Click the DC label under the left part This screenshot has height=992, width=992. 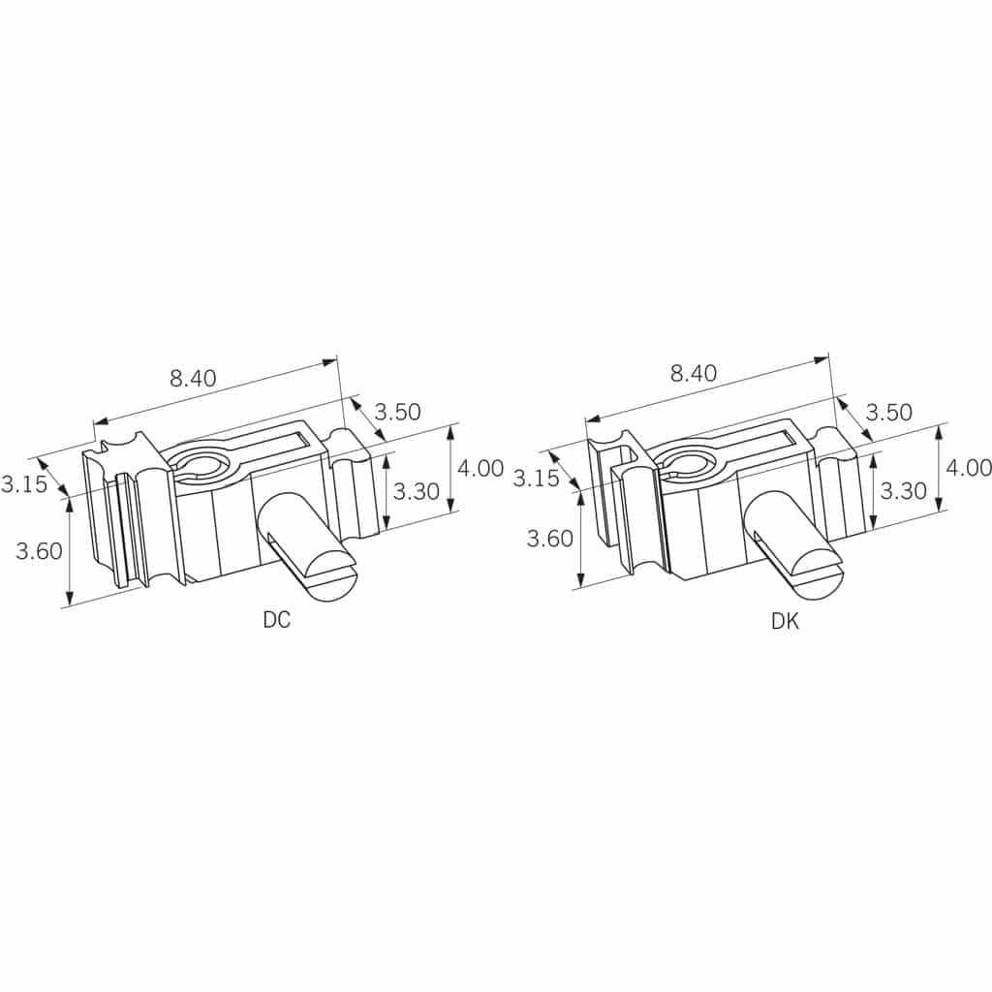pos(276,619)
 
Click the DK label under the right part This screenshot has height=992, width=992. pos(785,621)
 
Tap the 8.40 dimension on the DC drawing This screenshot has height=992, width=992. pos(193,379)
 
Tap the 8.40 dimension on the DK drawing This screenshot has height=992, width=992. pos(694,373)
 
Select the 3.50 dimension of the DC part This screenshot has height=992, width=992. pos(397,412)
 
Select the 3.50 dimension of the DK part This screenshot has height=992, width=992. pos(889,413)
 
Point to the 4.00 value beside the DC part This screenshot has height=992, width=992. pos(480,468)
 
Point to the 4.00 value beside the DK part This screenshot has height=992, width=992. pos(969,468)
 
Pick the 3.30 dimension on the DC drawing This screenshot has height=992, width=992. pos(416,491)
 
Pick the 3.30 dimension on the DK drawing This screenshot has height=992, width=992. pos(904,490)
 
